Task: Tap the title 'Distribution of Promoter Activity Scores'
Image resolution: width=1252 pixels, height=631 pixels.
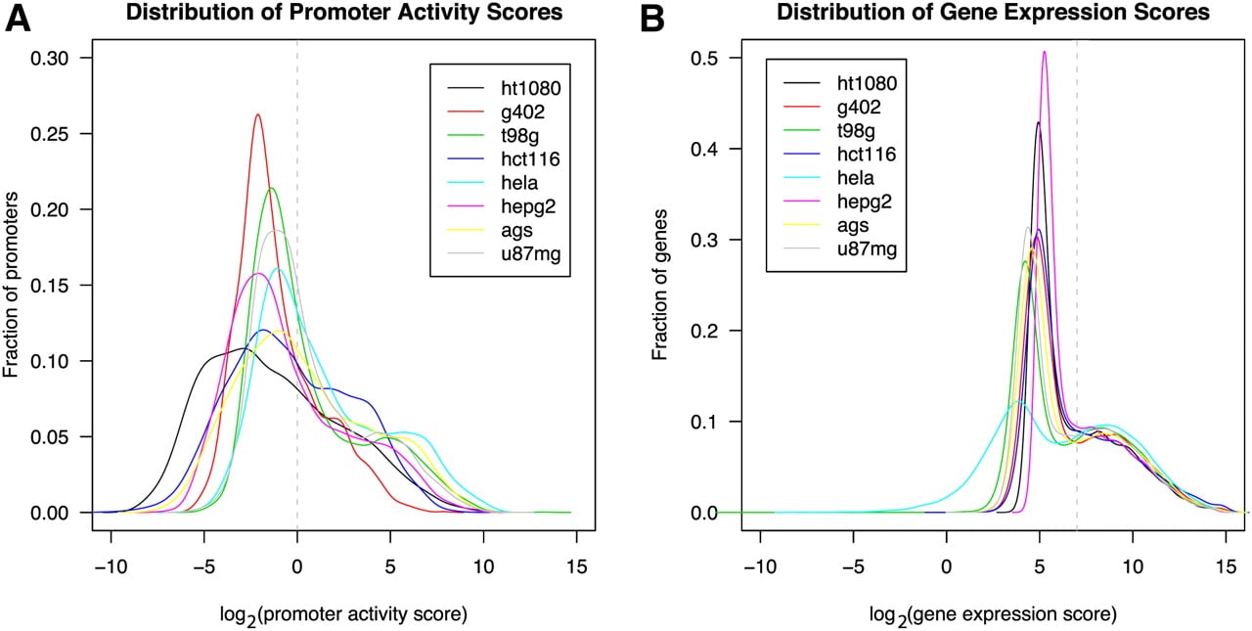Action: pyautogui.click(x=343, y=13)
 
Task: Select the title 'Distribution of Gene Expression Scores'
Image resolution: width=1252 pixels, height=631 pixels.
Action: pyautogui.click(x=993, y=13)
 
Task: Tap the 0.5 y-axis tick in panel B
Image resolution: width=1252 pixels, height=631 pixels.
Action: pyautogui.click(x=704, y=58)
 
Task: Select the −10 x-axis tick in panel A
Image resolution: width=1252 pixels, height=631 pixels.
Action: pyautogui.click(x=111, y=567)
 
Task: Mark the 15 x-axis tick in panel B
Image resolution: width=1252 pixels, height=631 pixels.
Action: pyautogui.click(x=1226, y=567)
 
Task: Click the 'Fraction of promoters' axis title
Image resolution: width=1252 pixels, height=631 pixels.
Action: pyautogui.click(x=11, y=285)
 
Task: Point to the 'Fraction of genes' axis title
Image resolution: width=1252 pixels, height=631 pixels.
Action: pyautogui.click(x=660, y=285)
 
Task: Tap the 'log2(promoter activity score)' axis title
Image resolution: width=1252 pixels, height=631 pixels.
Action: pyautogui.click(x=343, y=615)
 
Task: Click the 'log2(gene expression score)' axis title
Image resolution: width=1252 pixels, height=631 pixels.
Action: pyautogui.click(x=993, y=615)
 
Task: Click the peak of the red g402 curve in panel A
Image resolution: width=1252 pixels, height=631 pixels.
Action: pyautogui.click(x=257, y=114)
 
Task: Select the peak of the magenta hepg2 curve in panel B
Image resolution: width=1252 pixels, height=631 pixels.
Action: pyautogui.click(x=1044, y=52)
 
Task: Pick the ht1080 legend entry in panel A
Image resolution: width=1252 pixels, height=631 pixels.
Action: pyautogui.click(x=504, y=88)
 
